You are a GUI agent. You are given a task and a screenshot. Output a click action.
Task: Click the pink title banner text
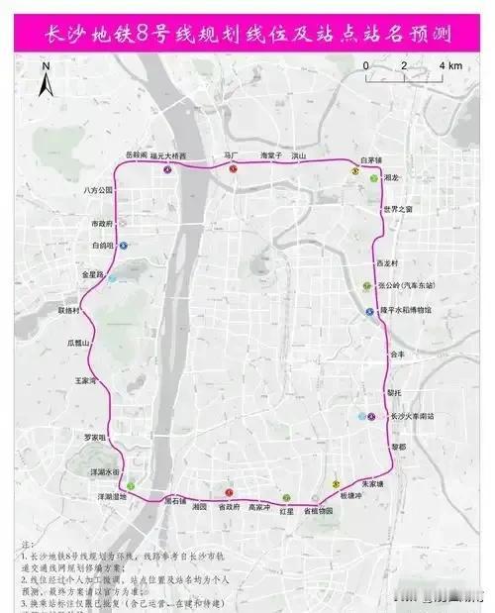tap(247, 35)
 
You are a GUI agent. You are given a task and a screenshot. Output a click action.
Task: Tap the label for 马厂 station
tap(232, 155)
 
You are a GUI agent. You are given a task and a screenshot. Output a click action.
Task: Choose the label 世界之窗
tap(400, 209)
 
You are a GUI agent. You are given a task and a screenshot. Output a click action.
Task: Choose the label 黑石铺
tap(174, 500)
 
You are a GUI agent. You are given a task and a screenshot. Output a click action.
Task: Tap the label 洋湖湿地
tap(111, 496)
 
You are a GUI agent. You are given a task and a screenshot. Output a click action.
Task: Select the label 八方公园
tap(99, 189)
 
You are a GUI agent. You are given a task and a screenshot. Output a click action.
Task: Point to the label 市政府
tap(103, 224)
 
